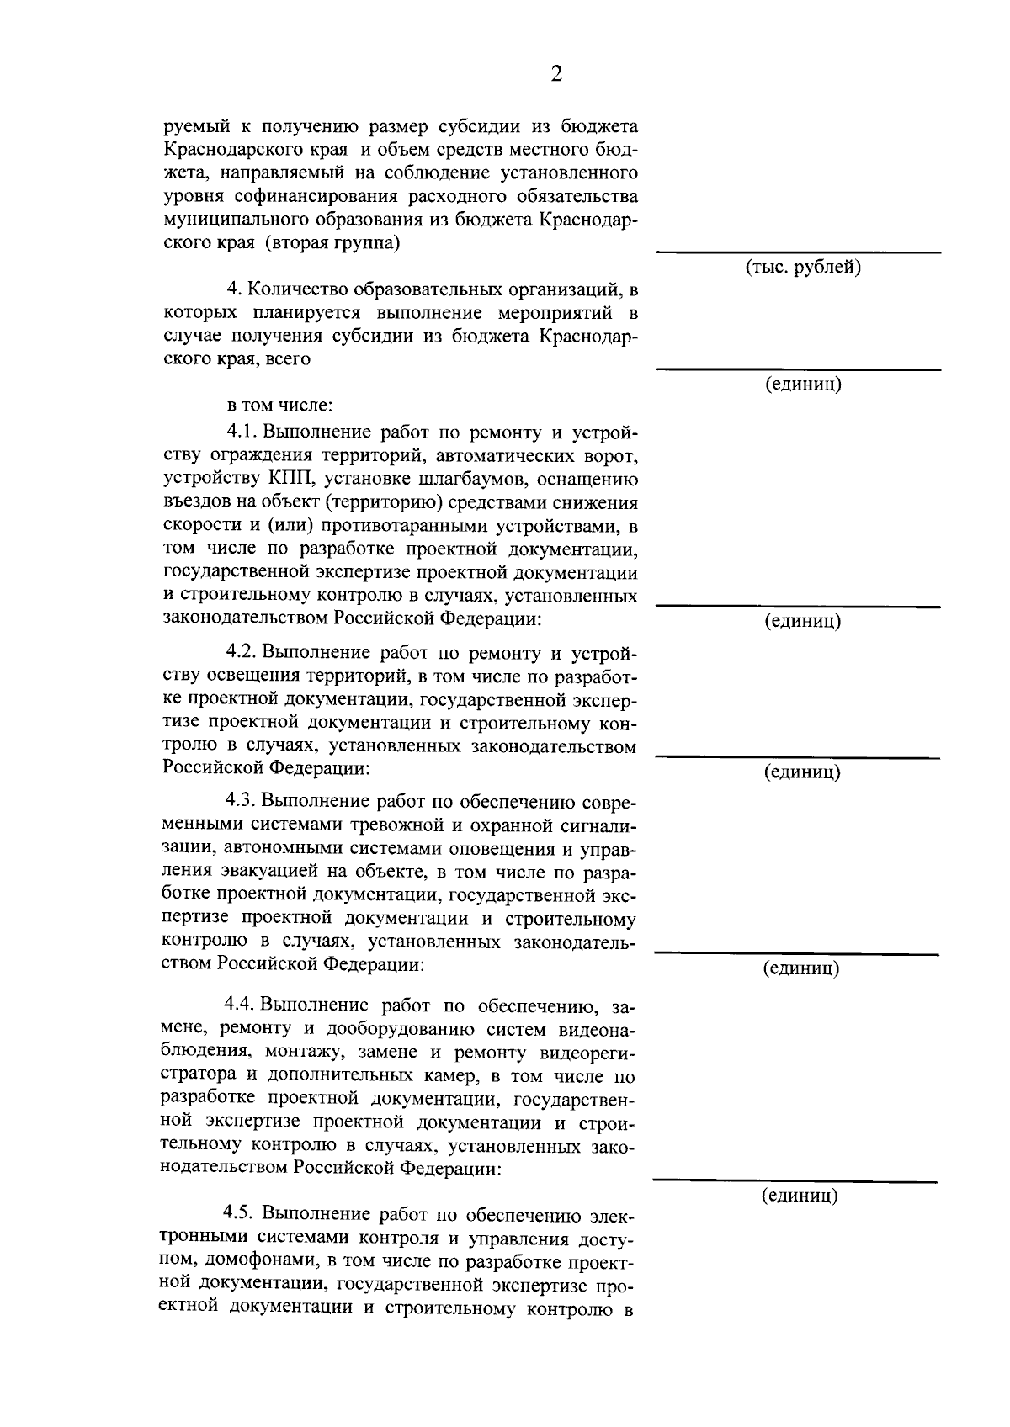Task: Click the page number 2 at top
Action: point(555,75)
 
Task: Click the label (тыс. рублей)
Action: point(802,268)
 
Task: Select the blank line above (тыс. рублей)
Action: point(798,252)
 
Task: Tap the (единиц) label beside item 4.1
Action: point(802,622)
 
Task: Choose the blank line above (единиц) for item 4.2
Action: point(798,756)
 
